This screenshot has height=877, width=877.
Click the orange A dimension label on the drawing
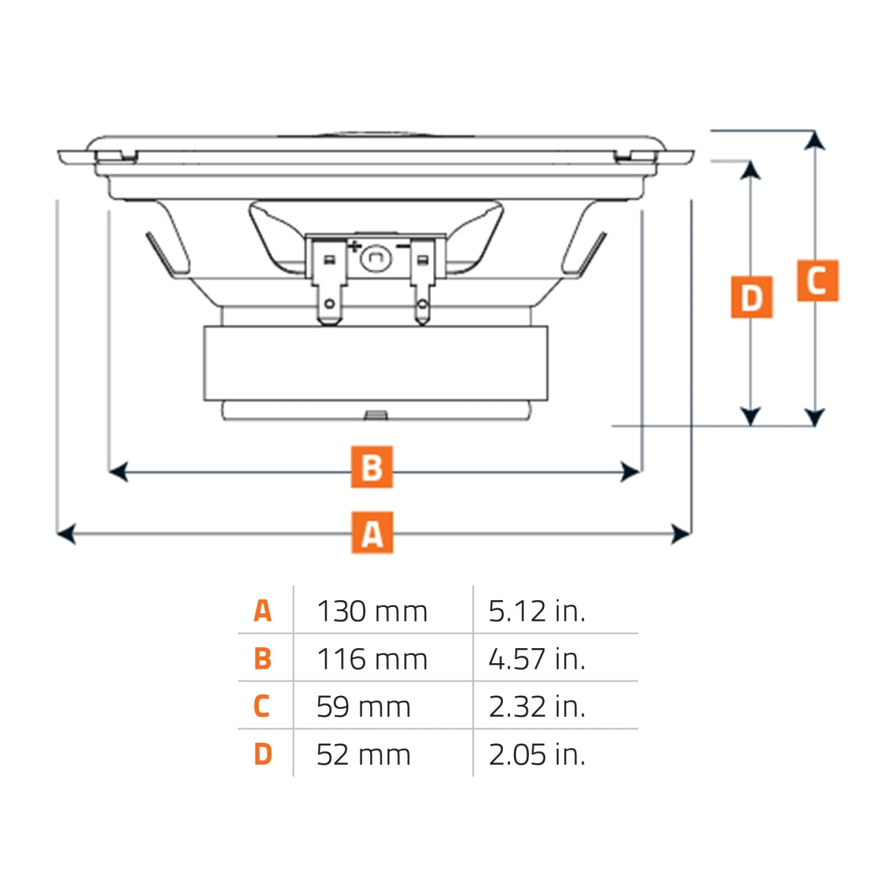click(x=372, y=532)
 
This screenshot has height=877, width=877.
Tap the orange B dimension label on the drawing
click(x=372, y=467)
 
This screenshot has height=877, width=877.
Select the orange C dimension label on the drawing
click(x=817, y=281)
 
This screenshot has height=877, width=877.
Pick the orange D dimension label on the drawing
click(x=752, y=297)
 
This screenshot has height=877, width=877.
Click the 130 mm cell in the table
click(x=372, y=611)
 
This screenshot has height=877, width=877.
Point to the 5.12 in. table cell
click(x=536, y=611)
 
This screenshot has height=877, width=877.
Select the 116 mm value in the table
click(x=372, y=659)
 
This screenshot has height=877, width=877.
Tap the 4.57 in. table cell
click(x=536, y=659)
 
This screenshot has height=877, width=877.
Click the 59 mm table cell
click(x=363, y=707)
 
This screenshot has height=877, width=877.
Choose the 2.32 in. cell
click(x=536, y=707)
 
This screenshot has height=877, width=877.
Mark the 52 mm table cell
click(x=363, y=755)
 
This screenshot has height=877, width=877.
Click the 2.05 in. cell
click(x=536, y=755)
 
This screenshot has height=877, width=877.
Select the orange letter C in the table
click(x=262, y=706)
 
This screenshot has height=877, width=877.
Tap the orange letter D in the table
click(x=262, y=754)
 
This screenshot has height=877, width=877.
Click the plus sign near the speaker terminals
click(x=354, y=246)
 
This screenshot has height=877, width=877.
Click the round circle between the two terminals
click(x=375, y=258)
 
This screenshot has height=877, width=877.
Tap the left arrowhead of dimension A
click(x=65, y=533)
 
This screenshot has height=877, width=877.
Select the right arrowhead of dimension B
click(x=631, y=471)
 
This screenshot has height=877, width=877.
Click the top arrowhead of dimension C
click(x=814, y=140)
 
